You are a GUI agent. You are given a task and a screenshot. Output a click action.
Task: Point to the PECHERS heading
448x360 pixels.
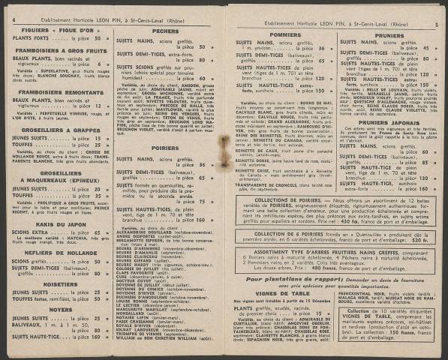(x=165, y=31)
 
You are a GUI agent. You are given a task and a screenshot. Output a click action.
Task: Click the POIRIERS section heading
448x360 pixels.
(x=165, y=148)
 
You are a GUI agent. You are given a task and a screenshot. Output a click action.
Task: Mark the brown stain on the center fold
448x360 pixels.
(x=224, y=146)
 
